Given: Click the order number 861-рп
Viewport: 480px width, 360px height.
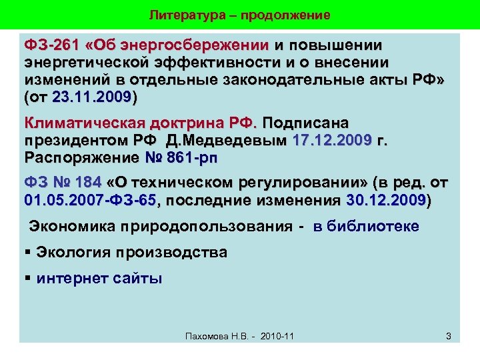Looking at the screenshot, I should pos(193,158).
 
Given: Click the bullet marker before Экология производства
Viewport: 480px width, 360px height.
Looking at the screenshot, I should pos(28,253).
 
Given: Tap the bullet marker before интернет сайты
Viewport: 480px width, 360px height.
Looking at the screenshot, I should pos(28,278).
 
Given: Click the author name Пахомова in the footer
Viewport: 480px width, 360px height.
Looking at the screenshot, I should pos(207,336).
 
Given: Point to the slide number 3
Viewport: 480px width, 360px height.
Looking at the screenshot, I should pos(449,336).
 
